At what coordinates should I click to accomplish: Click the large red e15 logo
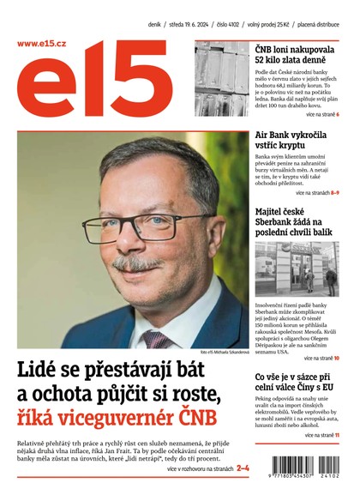pos(94,86)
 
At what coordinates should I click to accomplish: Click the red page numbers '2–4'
pos(242,469)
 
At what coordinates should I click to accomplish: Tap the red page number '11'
pos(337,436)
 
